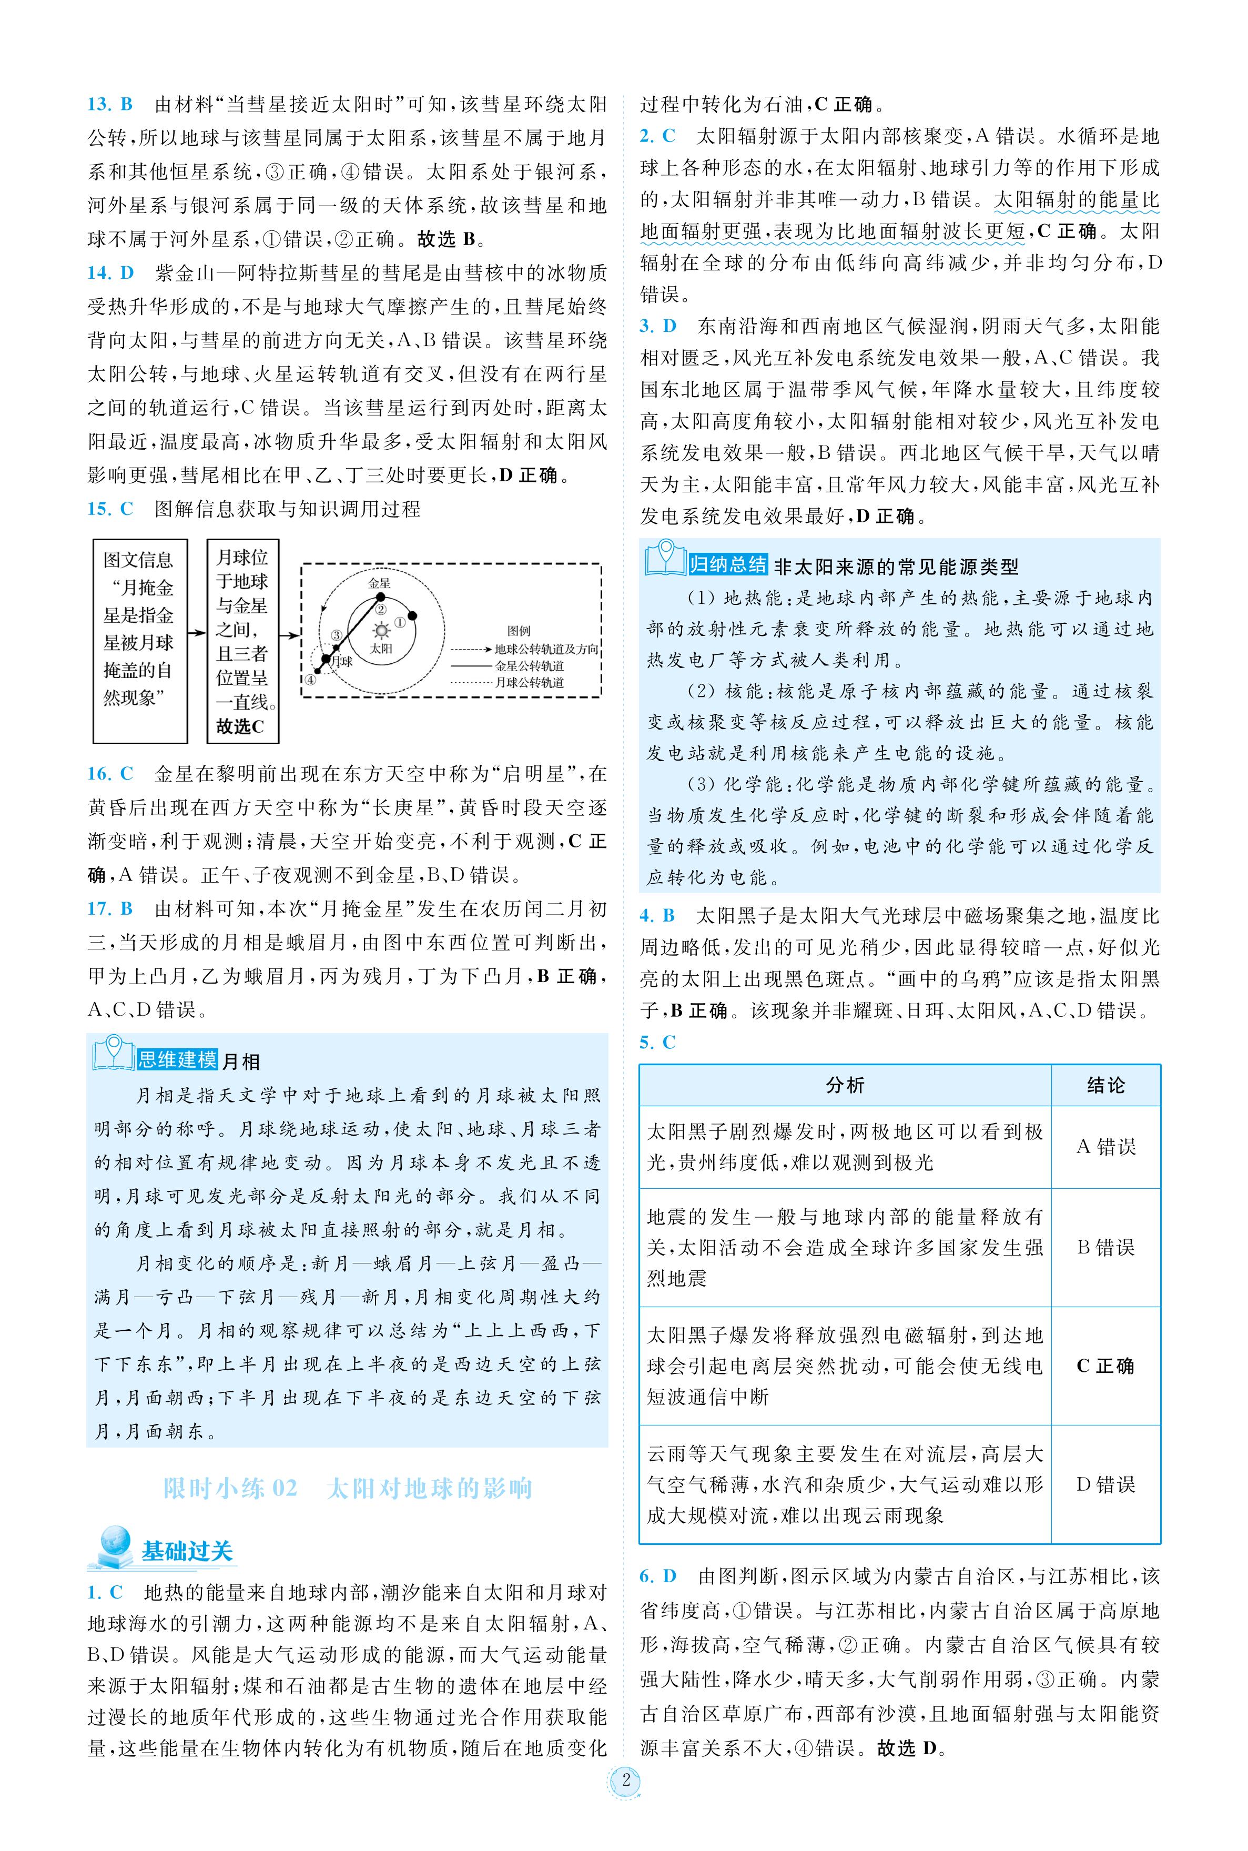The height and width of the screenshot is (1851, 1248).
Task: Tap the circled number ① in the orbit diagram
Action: (x=400, y=623)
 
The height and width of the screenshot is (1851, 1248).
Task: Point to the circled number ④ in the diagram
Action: (x=310, y=680)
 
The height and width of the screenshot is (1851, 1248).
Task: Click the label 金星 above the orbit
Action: (x=380, y=582)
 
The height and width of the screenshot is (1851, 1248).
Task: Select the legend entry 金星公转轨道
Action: (x=529, y=665)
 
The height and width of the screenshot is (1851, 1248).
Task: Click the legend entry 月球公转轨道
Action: (x=529, y=682)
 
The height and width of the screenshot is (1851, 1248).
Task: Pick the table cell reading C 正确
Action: (x=1105, y=1366)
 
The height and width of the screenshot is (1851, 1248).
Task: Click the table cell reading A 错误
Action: (x=1105, y=1147)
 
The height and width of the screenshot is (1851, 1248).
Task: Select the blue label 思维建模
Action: (x=177, y=1060)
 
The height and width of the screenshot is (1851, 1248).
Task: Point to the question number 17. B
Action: (x=110, y=908)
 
